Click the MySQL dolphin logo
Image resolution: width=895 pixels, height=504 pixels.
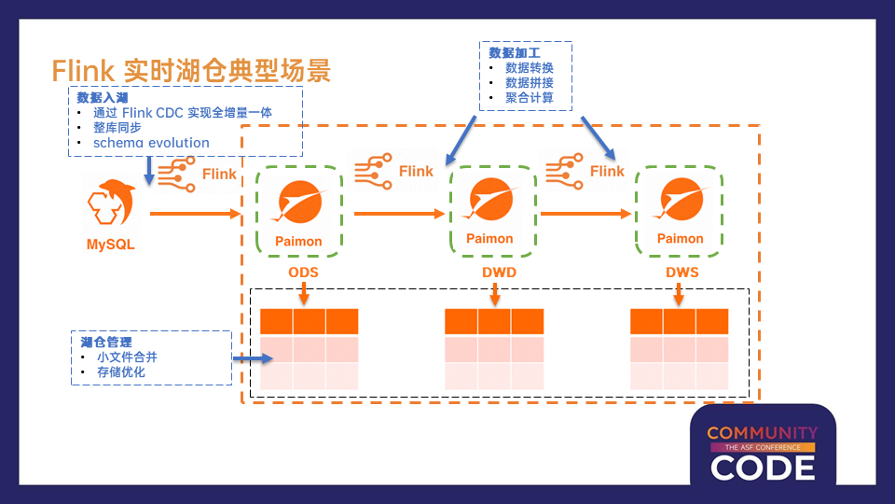(111, 203)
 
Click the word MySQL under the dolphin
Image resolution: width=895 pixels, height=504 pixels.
(111, 245)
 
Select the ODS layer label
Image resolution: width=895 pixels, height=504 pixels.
(303, 272)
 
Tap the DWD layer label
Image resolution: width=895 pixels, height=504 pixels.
(499, 272)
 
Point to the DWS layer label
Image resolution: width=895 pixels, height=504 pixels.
(682, 272)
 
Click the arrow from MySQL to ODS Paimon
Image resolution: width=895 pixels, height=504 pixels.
(195, 214)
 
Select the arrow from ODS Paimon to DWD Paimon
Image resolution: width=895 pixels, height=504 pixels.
(400, 214)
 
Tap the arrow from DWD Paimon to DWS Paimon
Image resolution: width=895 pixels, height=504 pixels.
(585, 214)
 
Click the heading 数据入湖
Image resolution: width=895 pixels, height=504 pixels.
(103, 98)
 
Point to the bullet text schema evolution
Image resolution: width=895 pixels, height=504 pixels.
(151, 143)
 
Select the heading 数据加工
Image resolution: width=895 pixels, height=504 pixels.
(515, 53)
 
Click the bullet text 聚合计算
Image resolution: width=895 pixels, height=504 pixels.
(530, 98)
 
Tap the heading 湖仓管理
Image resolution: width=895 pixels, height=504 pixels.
(106, 343)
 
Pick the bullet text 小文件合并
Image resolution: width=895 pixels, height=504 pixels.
(127, 357)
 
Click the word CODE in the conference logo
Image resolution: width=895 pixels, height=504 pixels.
(763, 468)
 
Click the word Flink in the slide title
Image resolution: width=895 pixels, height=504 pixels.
(83, 71)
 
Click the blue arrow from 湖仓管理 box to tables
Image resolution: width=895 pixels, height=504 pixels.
(253, 358)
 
